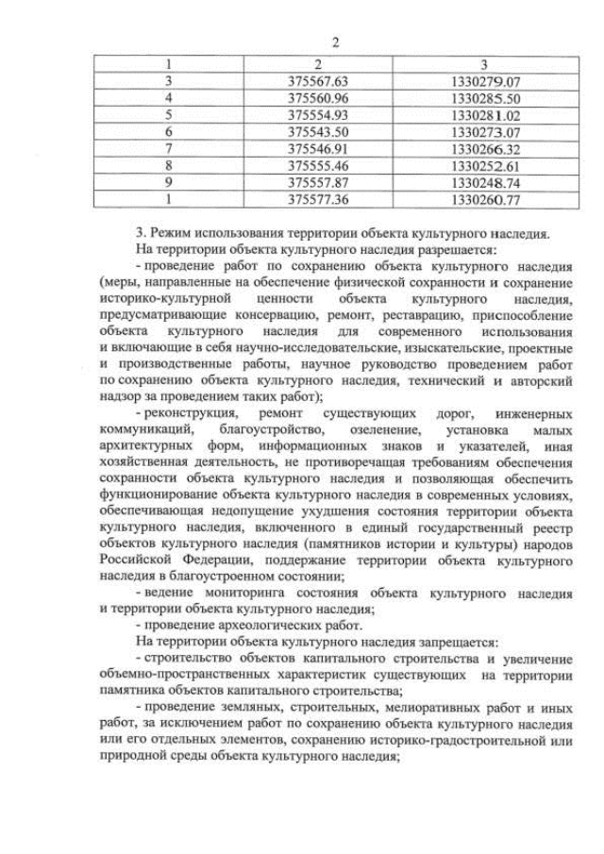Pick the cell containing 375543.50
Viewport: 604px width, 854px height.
(x=317, y=132)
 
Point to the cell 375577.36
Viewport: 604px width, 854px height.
(x=317, y=199)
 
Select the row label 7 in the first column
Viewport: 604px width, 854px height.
(x=168, y=149)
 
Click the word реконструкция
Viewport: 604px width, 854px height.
(x=187, y=414)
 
